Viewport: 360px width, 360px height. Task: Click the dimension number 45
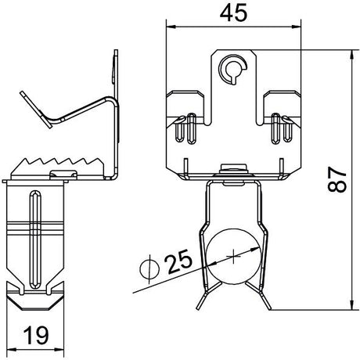[233, 13]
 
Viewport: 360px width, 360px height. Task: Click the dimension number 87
[337, 179]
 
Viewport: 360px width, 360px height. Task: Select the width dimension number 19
[36, 335]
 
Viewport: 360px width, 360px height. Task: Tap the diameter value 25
[179, 261]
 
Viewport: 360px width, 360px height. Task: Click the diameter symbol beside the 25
[149, 269]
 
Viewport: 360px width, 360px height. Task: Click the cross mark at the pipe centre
[233, 256]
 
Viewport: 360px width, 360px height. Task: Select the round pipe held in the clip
[233, 256]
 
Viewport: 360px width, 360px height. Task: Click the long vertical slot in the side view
[35, 240]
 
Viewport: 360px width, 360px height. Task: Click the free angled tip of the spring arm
[36, 110]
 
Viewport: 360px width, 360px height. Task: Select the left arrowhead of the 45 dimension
[170, 27]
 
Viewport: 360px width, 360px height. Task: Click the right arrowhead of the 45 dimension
[297, 27]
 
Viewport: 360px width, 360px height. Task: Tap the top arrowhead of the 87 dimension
[352, 54]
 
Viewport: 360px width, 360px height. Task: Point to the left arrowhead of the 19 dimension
[10, 349]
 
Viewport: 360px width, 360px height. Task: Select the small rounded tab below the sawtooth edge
[63, 174]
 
